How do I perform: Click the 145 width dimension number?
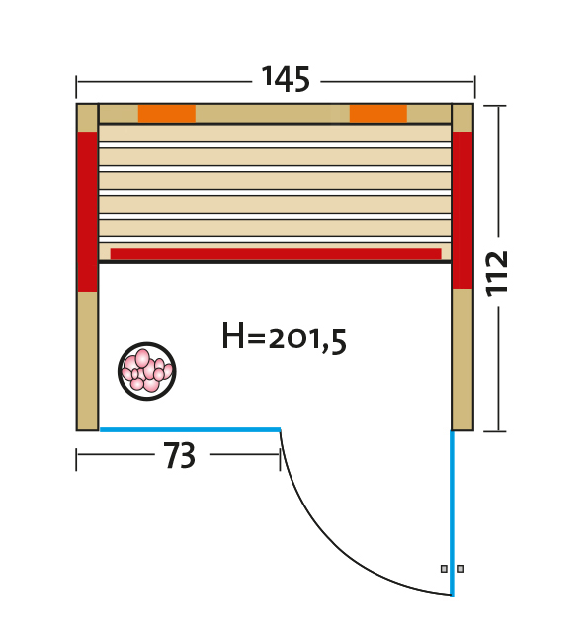tap(286, 79)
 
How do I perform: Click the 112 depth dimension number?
tap(496, 273)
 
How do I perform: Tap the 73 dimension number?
tap(180, 455)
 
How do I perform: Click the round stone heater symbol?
tap(147, 371)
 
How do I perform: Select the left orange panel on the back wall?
tap(167, 114)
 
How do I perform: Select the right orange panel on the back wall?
tap(378, 114)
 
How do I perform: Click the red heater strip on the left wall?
tap(87, 212)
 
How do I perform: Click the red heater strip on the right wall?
tap(462, 210)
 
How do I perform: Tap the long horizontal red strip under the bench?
tap(276, 254)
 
